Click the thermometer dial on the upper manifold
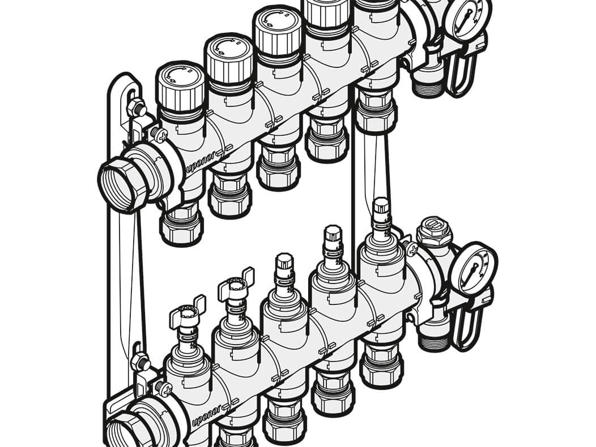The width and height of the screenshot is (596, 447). [471, 16]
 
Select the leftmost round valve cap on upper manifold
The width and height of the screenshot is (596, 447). [180, 89]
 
